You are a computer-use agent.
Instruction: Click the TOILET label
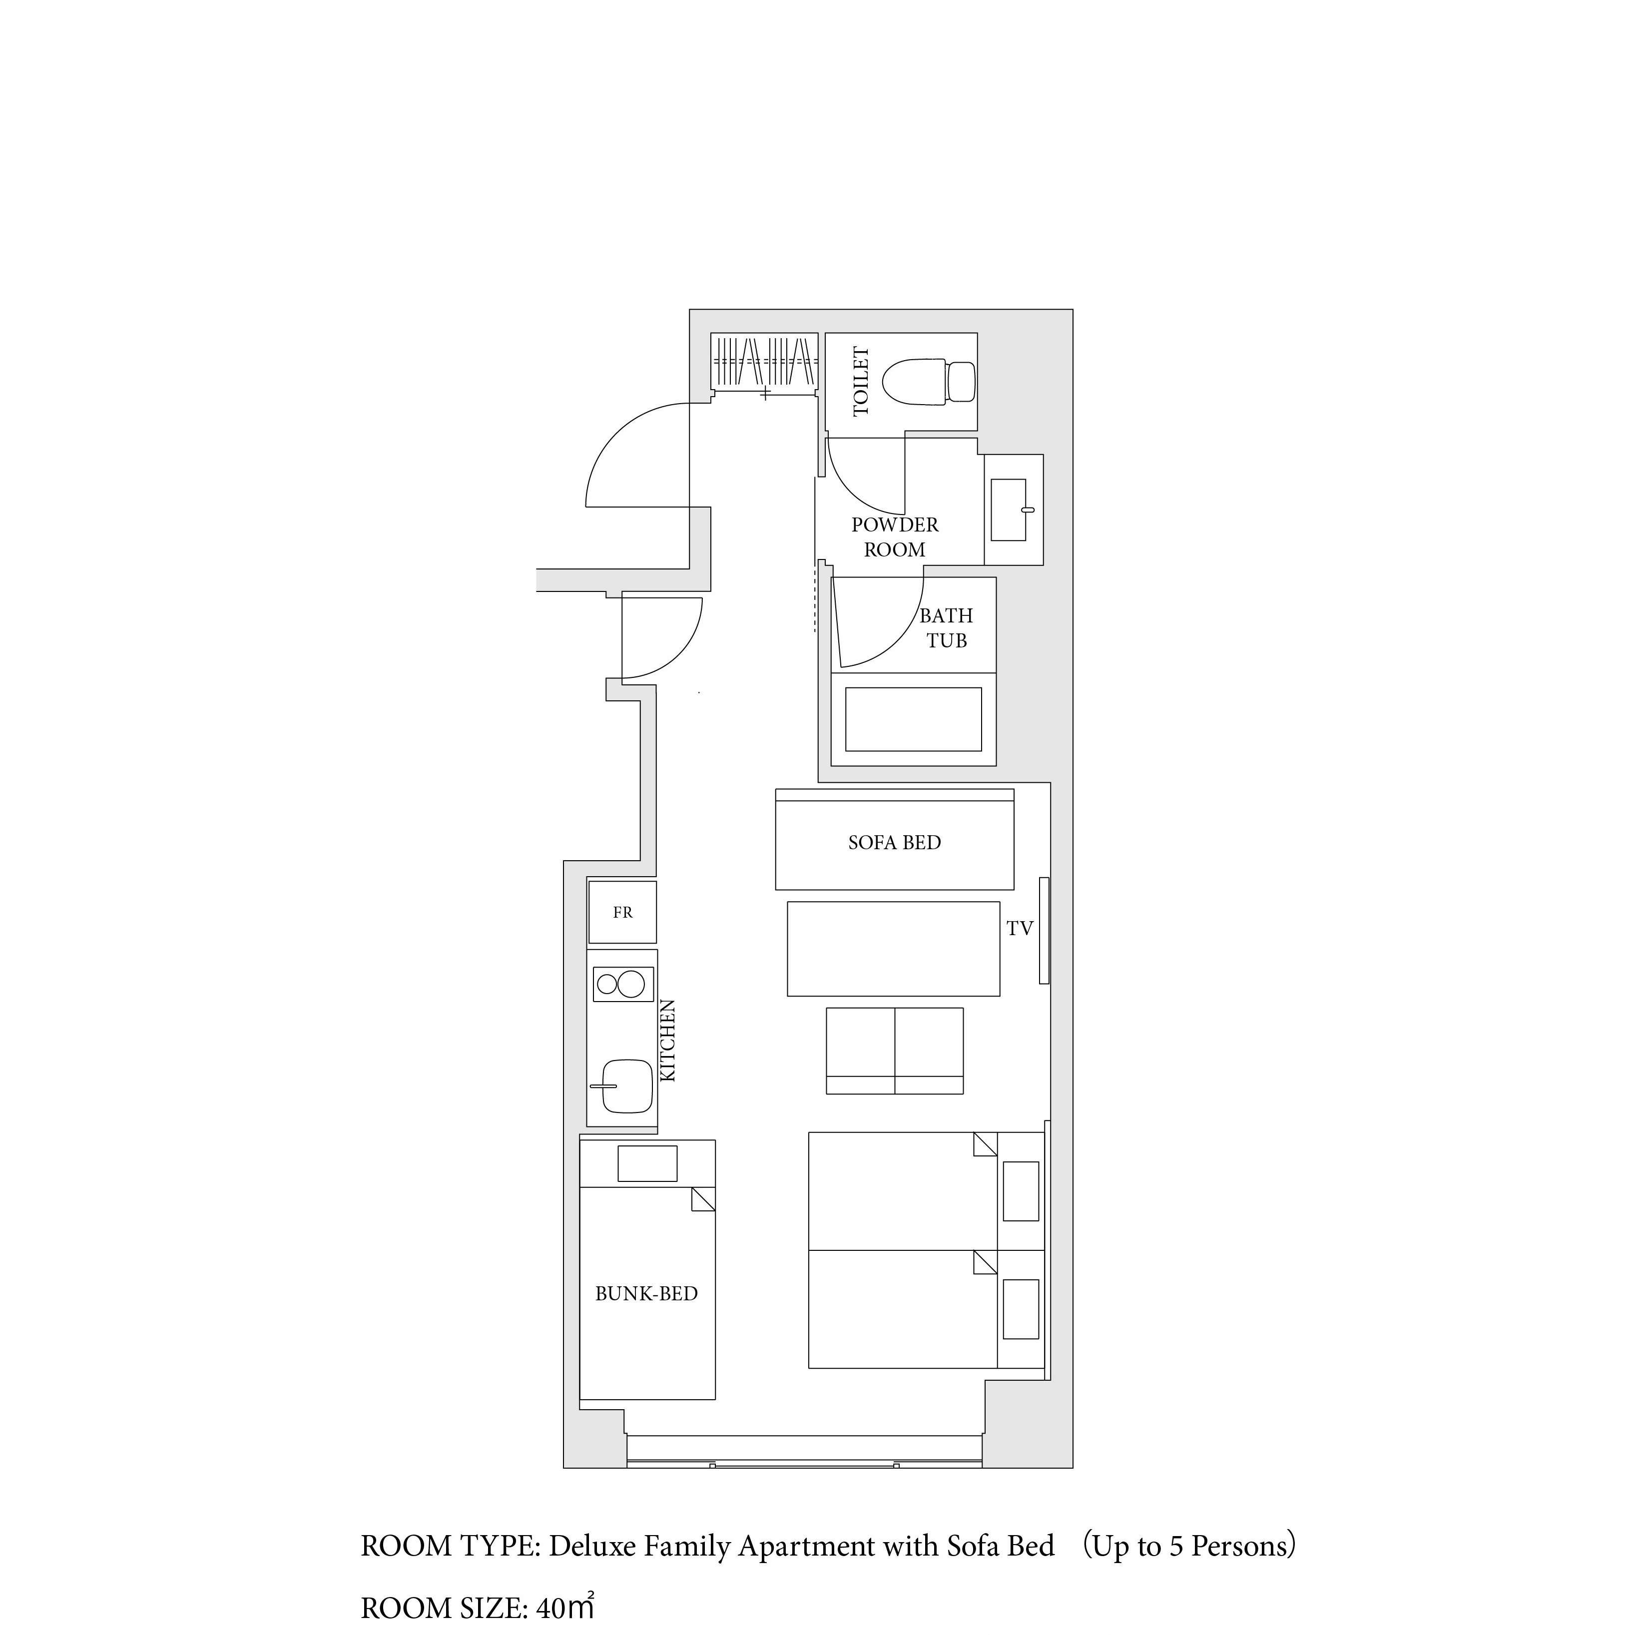861,382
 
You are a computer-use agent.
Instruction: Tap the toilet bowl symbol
928,383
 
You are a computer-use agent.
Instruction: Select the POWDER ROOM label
895,538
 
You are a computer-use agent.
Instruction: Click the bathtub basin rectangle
913,719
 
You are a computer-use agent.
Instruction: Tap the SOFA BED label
895,843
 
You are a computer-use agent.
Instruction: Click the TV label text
1020,929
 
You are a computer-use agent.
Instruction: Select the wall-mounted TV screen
1045,931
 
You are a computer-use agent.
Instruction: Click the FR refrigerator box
622,912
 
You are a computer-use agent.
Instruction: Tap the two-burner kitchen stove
623,984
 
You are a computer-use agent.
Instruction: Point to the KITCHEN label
668,1041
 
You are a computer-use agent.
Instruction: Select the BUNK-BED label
646,1294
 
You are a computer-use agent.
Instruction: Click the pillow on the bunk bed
647,1163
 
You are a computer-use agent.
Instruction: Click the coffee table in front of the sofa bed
894,949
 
